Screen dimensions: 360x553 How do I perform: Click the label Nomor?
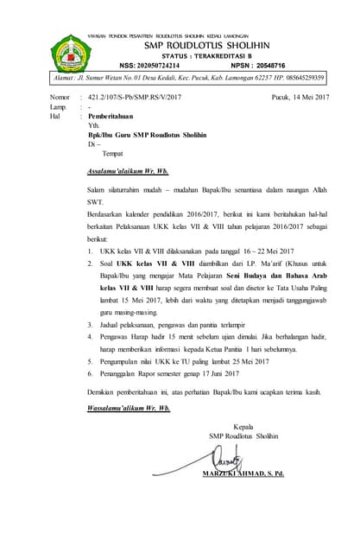[x=61, y=99]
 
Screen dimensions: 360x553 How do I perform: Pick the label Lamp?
[x=60, y=107]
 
